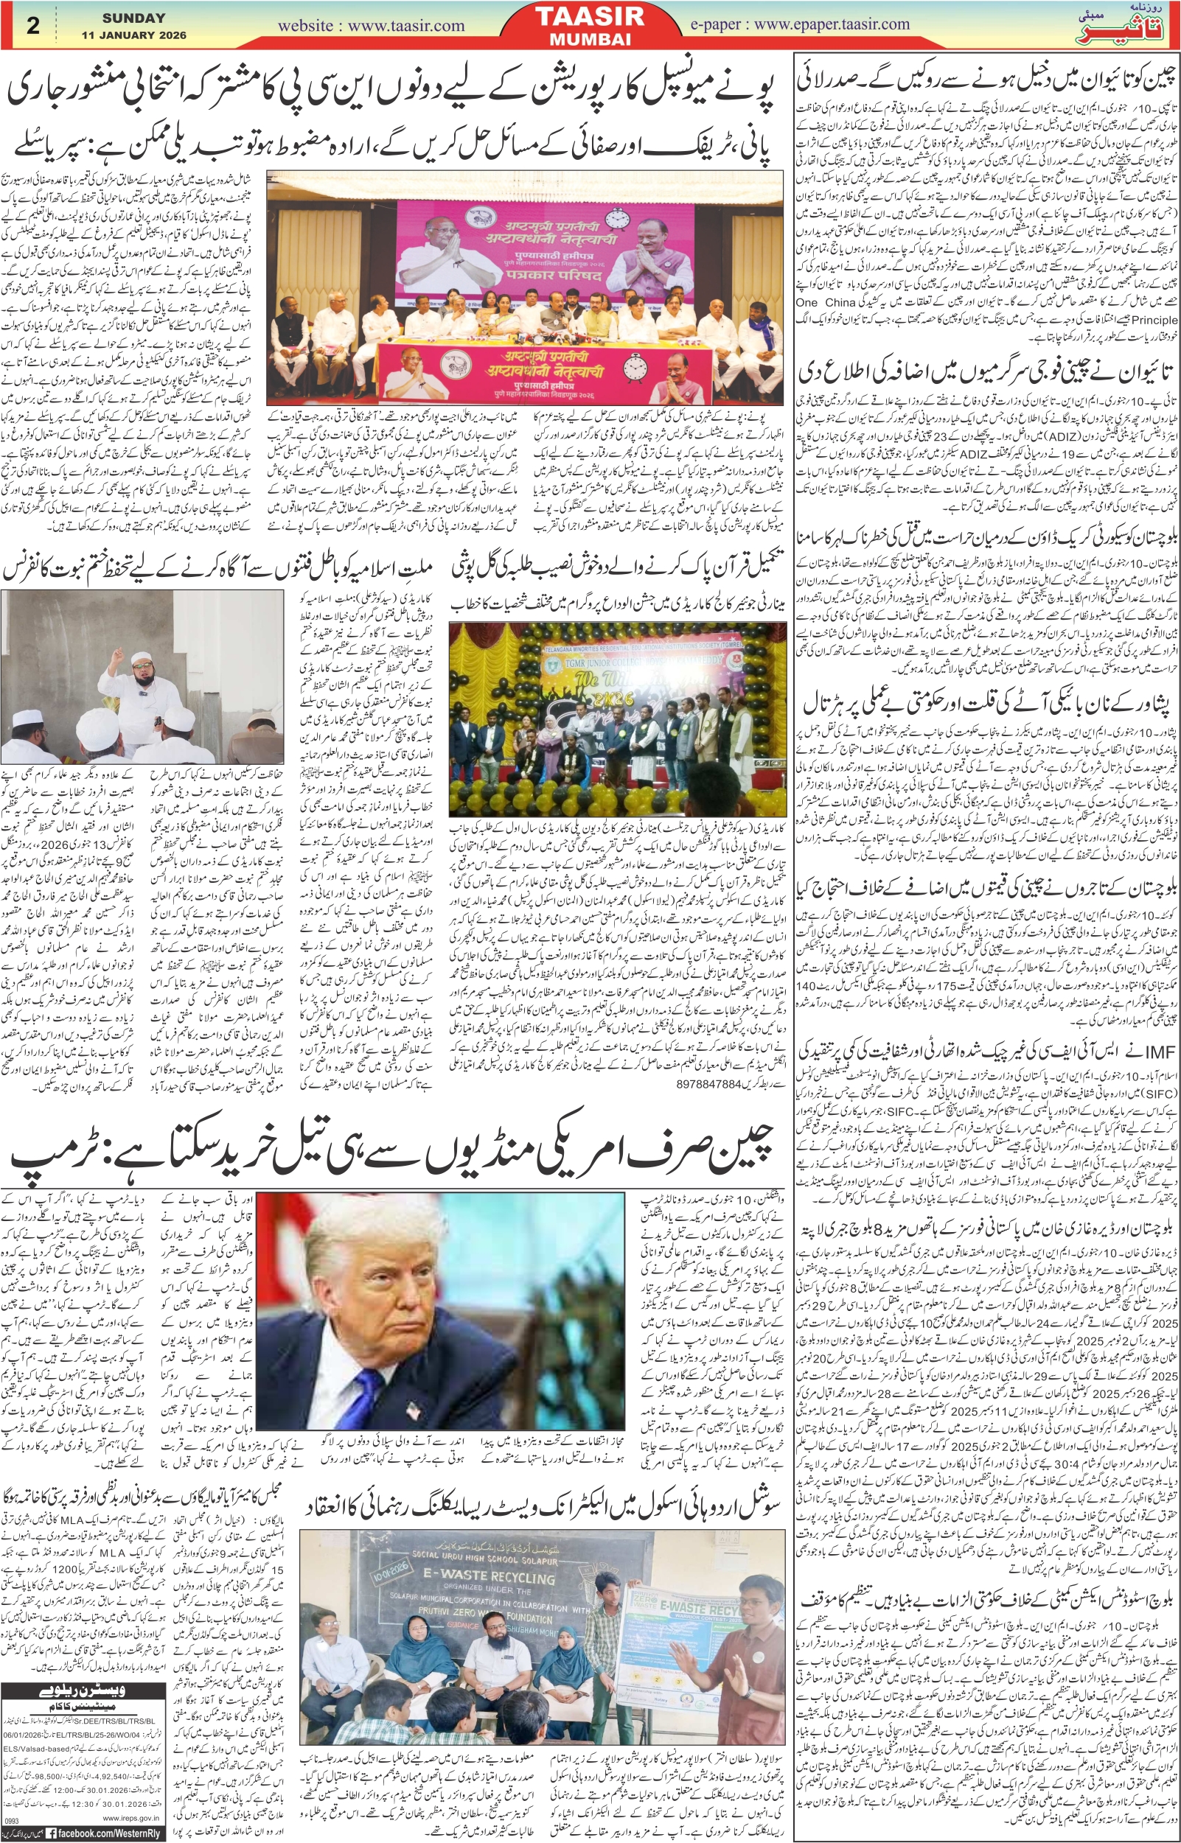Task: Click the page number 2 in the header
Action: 33,24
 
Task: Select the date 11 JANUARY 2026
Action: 133,35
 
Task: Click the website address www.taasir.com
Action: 370,26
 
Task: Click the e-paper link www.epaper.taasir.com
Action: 800,24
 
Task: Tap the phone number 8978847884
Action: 709,1085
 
